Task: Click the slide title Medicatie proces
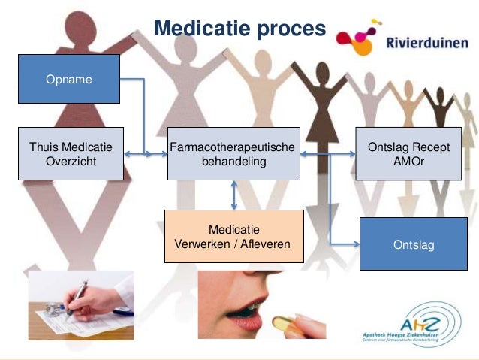[x=239, y=28]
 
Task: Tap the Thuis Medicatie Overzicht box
[x=71, y=153]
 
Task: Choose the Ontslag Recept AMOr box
[x=408, y=153]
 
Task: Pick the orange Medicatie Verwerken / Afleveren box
[x=233, y=236]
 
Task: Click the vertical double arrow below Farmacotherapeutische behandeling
[x=234, y=195]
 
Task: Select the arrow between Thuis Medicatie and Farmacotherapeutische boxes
[x=145, y=155]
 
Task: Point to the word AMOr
[x=408, y=161]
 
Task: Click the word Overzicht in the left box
[x=71, y=161]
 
